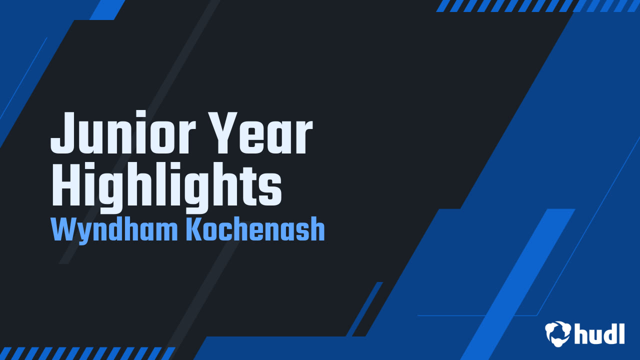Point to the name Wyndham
point(115,230)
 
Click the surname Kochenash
point(255,230)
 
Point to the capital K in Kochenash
point(193,230)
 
